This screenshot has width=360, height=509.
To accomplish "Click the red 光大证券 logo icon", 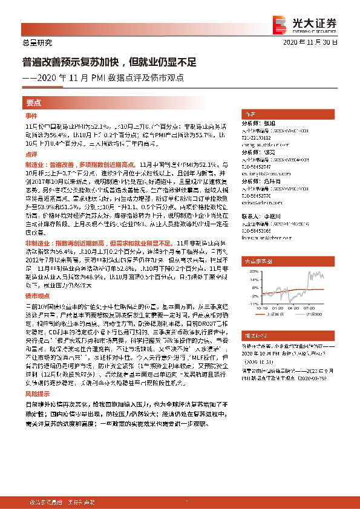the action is [x=279, y=22].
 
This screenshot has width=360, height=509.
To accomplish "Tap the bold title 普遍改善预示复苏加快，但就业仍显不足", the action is [x=110, y=62].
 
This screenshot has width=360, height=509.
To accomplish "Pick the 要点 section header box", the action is [x=34, y=103].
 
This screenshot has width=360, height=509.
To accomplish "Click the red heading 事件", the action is [x=31, y=115].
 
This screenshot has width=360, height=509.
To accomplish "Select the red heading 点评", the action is [x=31, y=155].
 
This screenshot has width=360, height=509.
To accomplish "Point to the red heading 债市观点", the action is [x=36, y=296].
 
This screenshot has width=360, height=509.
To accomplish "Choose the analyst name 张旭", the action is [x=269, y=123].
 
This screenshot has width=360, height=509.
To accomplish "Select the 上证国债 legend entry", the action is [x=272, y=314].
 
